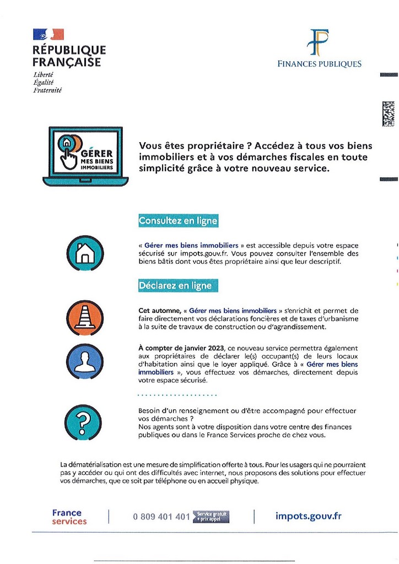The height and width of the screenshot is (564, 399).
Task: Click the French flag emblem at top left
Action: (x=48, y=34)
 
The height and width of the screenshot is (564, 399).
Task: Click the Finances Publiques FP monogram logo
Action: (x=319, y=42)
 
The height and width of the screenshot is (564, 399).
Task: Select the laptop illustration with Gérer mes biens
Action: (x=85, y=156)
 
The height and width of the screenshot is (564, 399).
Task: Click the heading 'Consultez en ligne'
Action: (x=178, y=221)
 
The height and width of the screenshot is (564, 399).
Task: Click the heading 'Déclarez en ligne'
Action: (x=175, y=286)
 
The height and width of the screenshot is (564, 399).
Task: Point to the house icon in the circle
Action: (x=85, y=253)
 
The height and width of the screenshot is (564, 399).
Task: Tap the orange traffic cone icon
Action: (x=85, y=318)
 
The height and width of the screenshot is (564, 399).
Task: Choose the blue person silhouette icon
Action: (x=85, y=362)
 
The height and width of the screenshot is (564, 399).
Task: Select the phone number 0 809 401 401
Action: (x=161, y=517)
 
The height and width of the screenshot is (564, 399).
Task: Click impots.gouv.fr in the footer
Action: (x=308, y=516)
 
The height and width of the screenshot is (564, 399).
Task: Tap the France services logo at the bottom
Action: (x=69, y=517)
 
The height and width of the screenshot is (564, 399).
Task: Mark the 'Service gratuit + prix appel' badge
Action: (x=211, y=517)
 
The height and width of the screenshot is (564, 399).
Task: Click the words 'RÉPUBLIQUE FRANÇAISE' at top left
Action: (x=69, y=56)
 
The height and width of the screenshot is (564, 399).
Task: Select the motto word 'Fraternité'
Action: (x=47, y=90)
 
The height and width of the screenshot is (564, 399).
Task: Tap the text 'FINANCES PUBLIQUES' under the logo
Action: (x=320, y=64)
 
